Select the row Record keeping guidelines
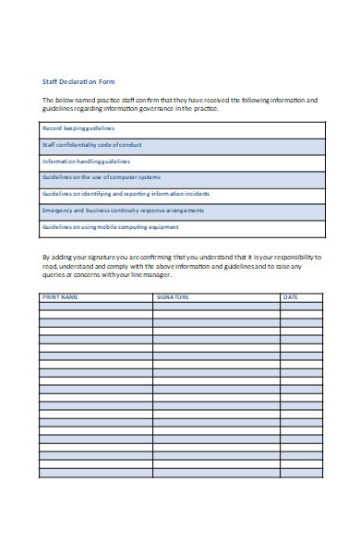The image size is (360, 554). click(78, 128)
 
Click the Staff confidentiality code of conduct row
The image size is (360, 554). click(92, 145)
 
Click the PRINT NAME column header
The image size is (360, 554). click(61, 297)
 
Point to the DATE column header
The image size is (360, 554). click(291, 297)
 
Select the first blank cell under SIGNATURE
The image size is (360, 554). click(216, 306)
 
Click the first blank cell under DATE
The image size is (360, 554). click(302, 306)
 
